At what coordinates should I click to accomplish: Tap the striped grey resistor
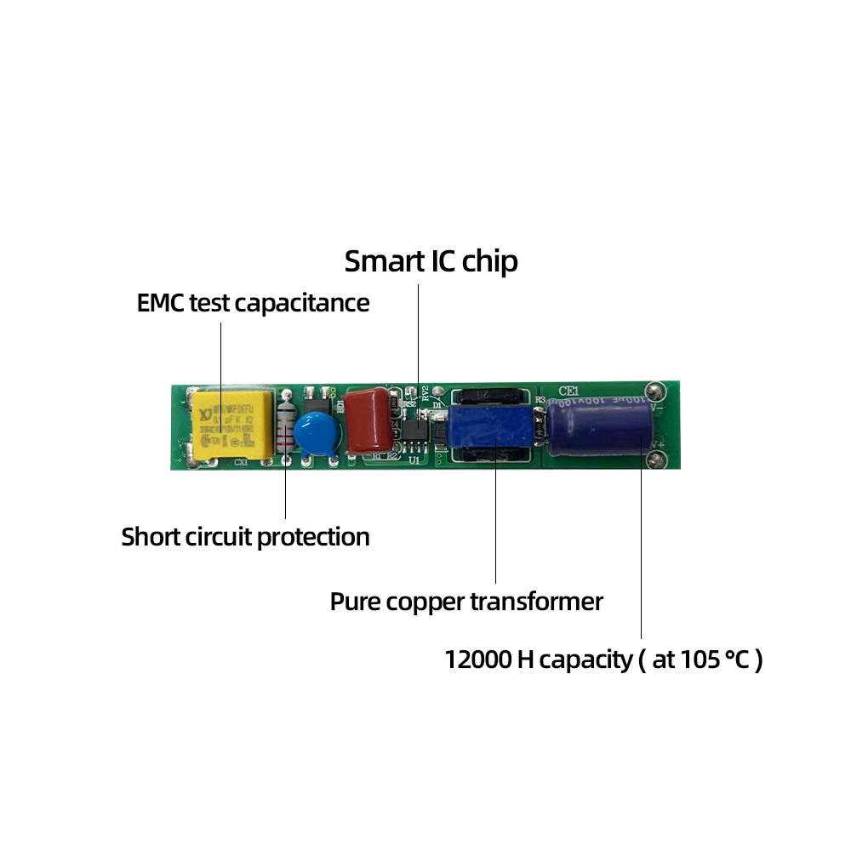point(285,430)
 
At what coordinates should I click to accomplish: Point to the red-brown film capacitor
point(368,420)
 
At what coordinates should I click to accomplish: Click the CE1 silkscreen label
point(568,391)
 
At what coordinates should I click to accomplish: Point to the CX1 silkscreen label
point(241,463)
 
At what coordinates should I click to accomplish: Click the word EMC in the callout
point(160,303)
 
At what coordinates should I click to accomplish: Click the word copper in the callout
point(424,603)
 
